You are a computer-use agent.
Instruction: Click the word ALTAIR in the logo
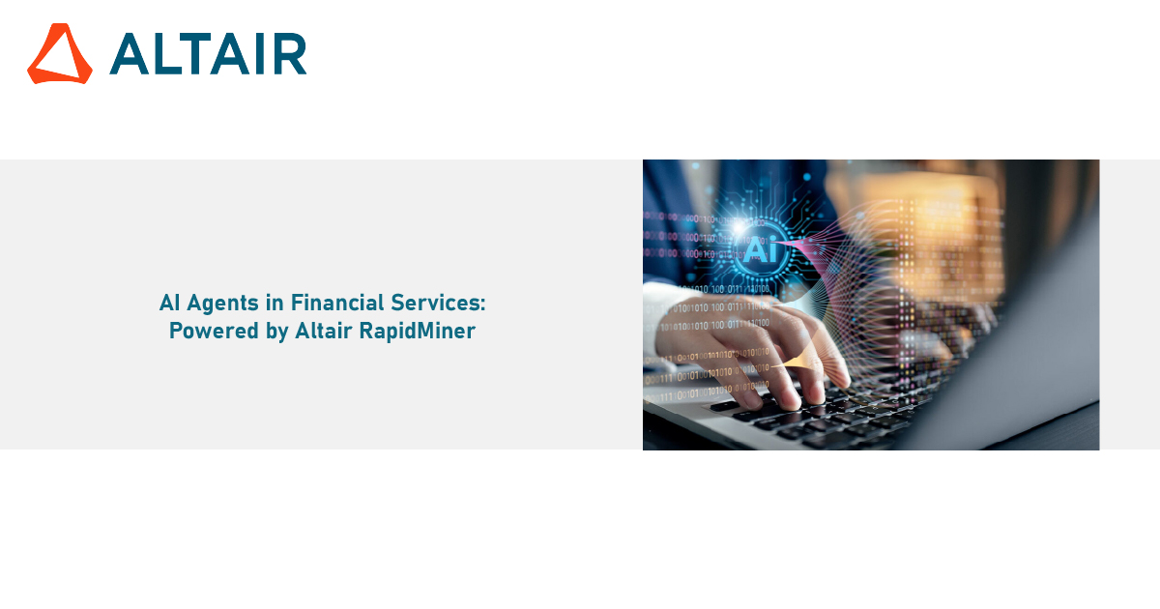(208, 54)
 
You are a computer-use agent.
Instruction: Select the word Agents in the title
(222, 304)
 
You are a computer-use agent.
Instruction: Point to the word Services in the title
(434, 303)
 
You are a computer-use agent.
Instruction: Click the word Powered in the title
(214, 331)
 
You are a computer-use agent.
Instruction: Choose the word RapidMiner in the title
(417, 332)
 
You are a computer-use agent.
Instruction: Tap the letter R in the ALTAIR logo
(290, 54)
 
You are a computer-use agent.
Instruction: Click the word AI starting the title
(169, 303)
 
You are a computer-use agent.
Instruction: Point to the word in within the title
(275, 303)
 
